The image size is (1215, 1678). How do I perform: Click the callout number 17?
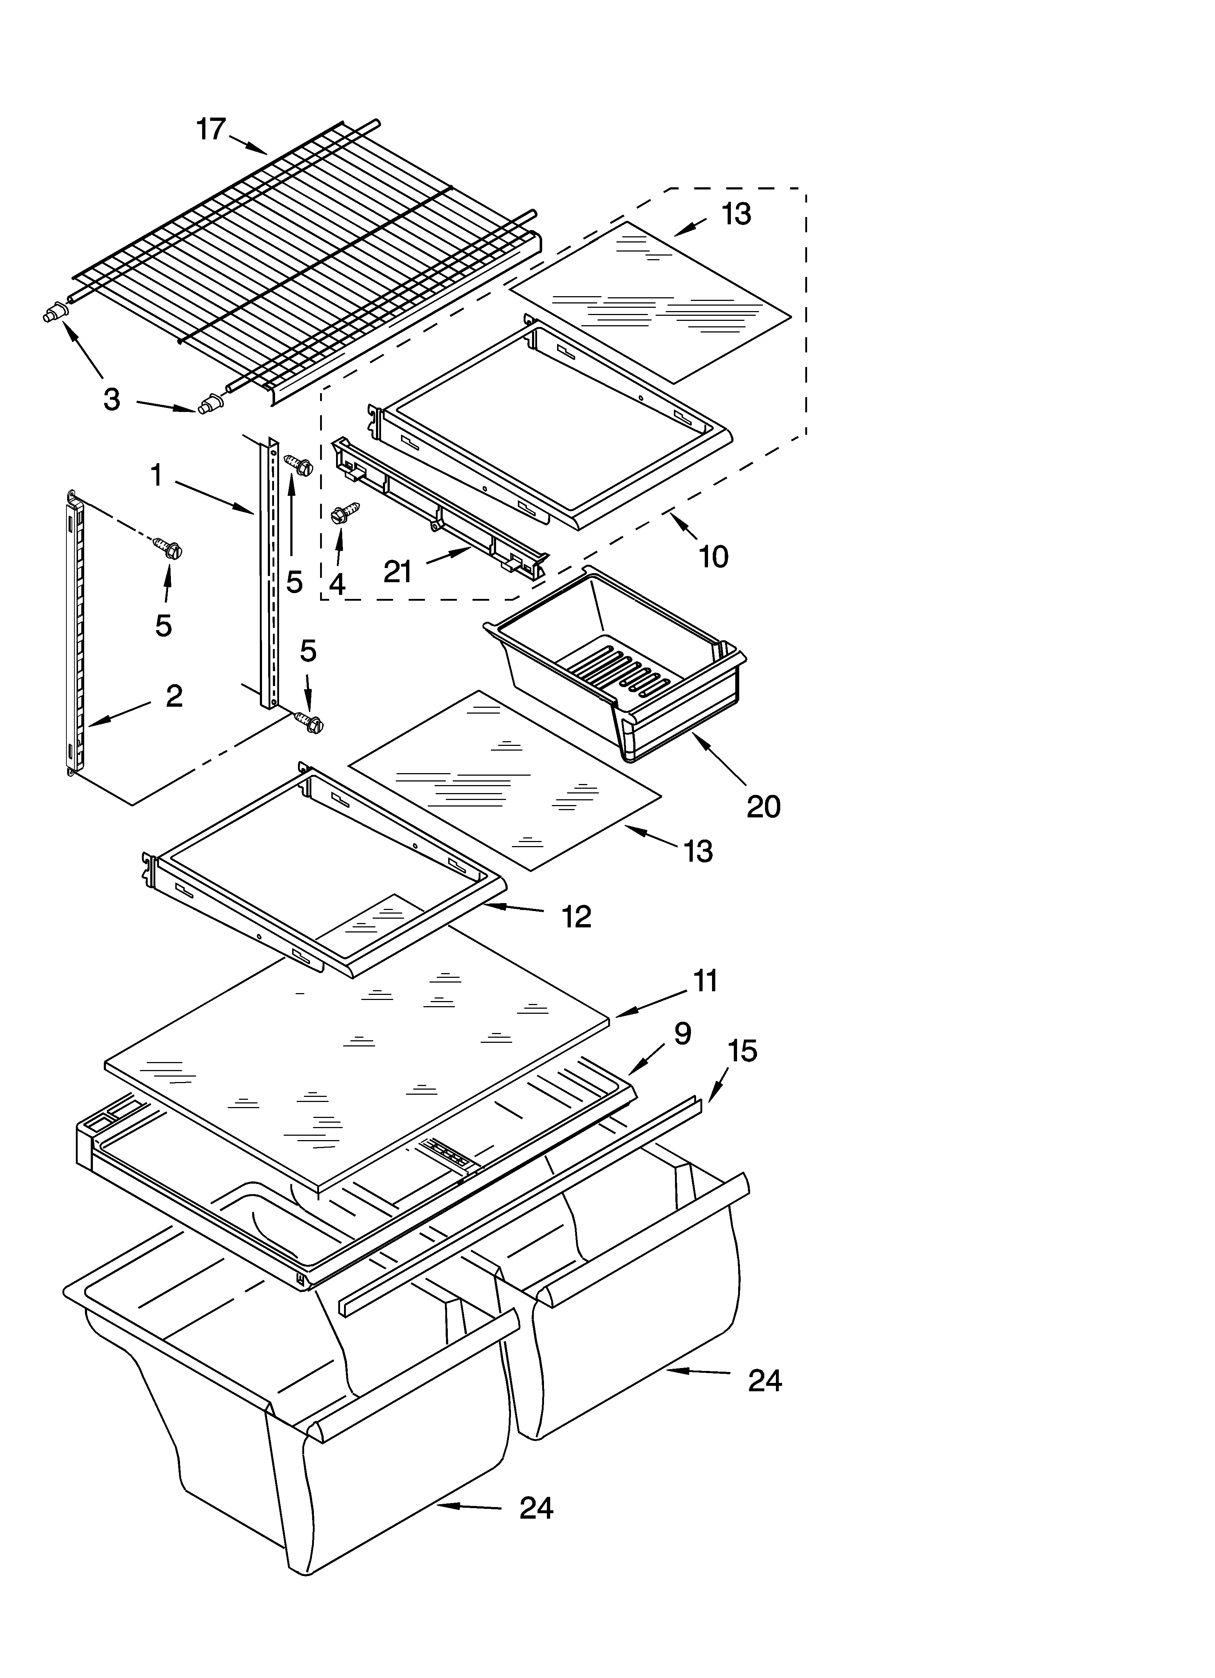coord(211,130)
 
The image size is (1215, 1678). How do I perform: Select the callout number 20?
coord(764,806)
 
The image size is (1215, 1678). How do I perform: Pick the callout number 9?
coord(682,1034)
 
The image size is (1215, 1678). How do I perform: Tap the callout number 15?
coord(742,1050)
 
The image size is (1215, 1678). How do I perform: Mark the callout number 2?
coord(174,696)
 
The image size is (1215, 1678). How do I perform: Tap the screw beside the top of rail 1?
coord(299,466)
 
